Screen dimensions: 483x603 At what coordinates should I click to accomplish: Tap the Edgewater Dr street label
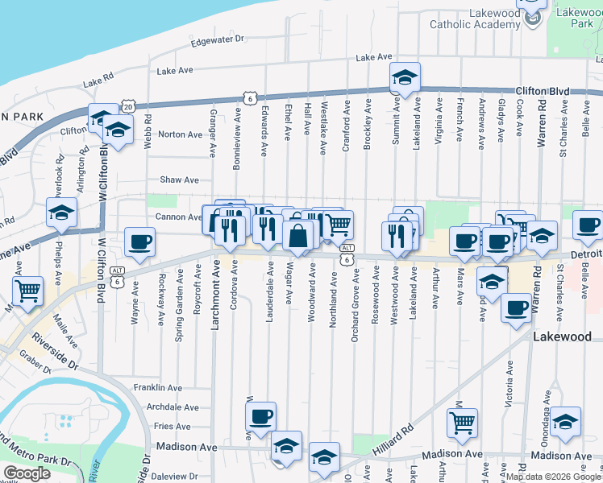[217, 39]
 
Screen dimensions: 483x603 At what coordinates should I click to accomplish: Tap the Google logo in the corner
[26, 473]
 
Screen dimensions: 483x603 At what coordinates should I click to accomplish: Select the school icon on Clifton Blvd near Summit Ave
[404, 77]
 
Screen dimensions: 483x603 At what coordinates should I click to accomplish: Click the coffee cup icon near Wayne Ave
[139, 242]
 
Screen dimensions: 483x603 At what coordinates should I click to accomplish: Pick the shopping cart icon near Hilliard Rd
[462, 422]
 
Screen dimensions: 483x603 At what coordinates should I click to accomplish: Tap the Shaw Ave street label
[179, 180]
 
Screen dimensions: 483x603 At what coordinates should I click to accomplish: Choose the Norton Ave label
[180, 134]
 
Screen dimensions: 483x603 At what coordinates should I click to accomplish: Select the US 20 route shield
[127, 106]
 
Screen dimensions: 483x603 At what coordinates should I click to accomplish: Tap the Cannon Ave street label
[178, 217]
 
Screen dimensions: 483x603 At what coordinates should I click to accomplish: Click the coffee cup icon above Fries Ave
[260, 416]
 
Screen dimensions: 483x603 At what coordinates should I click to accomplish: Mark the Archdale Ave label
[173, 407]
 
